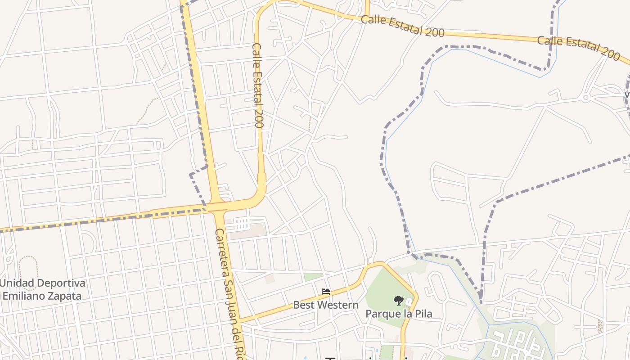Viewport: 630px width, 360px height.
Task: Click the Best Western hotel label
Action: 326,305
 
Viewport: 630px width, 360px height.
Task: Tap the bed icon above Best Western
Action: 326,292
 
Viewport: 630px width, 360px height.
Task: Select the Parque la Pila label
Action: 398,313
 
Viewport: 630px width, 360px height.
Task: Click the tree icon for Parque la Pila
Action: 398,300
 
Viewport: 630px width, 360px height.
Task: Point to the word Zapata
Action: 60,296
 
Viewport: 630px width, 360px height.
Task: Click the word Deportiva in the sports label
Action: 61,283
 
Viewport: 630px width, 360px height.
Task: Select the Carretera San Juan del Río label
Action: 229,292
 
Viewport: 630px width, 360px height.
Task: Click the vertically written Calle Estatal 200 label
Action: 257,85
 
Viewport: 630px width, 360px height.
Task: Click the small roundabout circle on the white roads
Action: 586,97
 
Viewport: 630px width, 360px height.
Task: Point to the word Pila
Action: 423,313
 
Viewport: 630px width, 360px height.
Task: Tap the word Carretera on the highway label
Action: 222,252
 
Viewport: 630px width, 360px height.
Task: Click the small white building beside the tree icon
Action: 409,301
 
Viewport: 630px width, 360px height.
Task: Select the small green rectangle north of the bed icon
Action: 313,277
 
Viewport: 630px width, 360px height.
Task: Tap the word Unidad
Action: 17,283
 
